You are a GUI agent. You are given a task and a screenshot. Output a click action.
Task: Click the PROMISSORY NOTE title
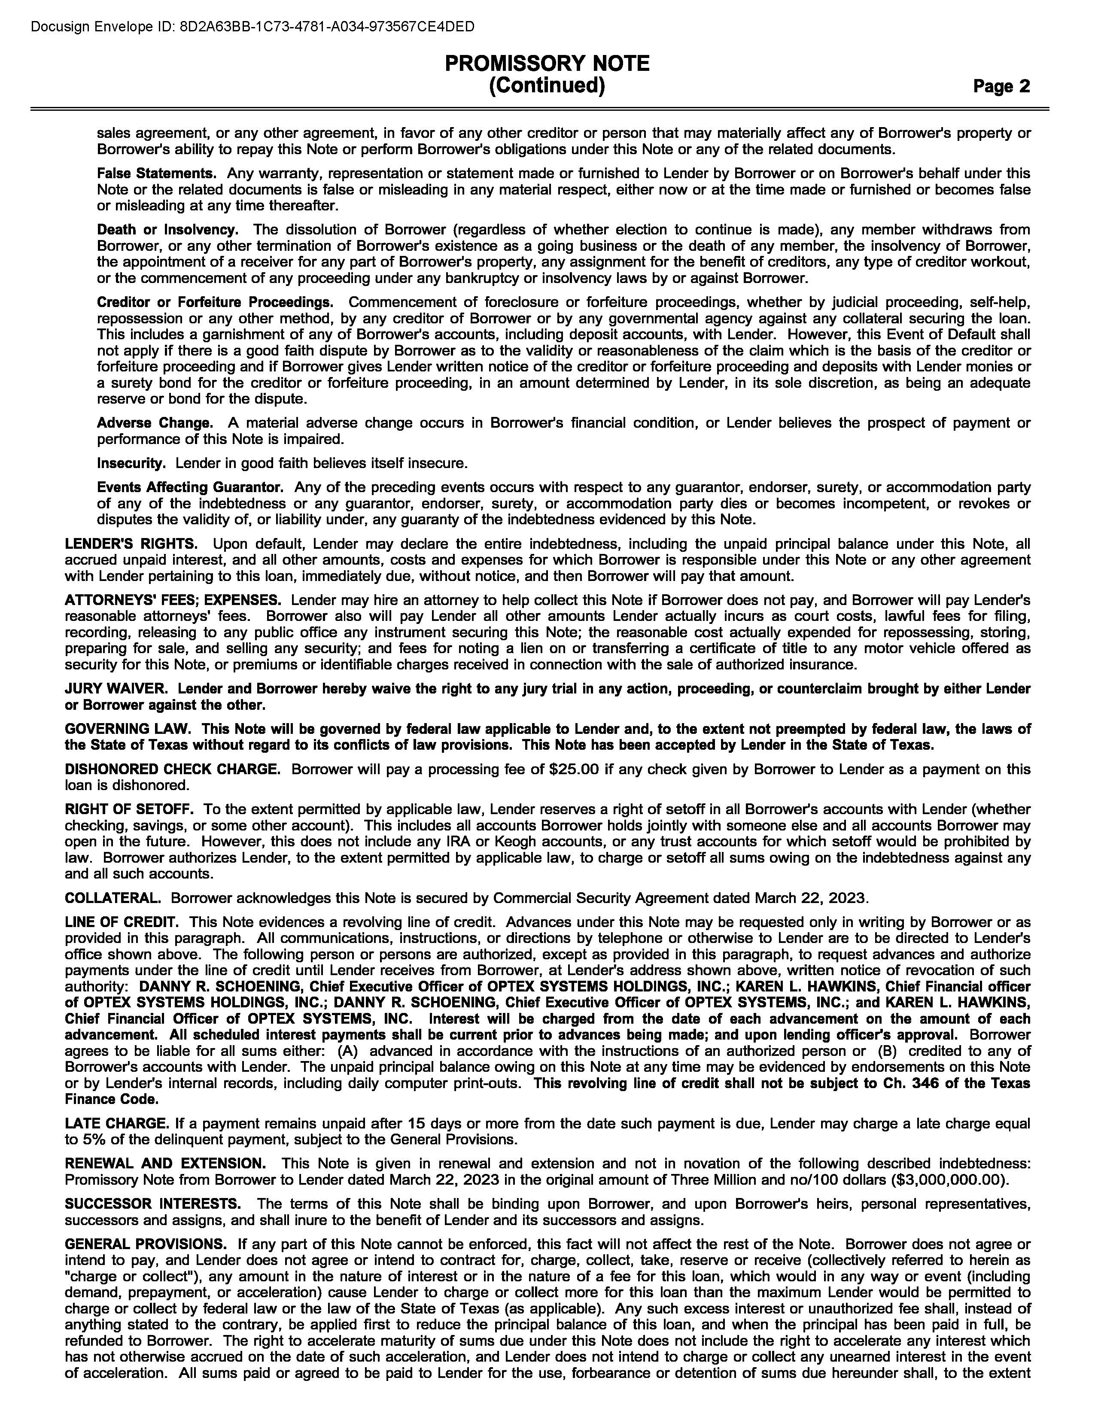pos(547,64)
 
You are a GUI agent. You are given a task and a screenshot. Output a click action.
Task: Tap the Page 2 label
pos(1001,86)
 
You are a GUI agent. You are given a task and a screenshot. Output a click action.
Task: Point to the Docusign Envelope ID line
pos(252,27)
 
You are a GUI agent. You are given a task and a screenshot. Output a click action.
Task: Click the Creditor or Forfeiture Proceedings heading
pos(215,302)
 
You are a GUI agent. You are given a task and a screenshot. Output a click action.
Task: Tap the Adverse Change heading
pos(155,423)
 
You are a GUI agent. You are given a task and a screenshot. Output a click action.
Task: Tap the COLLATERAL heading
pos(113,899)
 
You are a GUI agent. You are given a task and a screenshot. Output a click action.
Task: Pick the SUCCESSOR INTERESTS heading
pos(153,1204)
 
